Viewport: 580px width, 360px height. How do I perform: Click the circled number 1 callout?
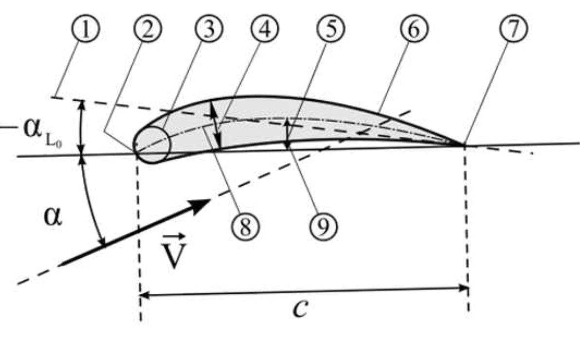(x=86, y=30)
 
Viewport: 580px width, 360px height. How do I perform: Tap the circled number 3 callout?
(x=209, y=30)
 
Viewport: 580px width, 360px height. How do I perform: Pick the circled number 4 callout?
(x=265, y=30)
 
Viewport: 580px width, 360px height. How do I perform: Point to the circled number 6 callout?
(x=414, y=30)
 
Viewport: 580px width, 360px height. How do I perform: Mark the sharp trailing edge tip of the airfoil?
(x=463, y=144)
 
